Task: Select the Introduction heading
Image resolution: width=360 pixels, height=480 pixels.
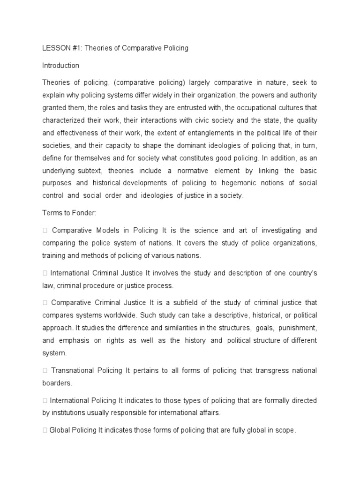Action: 60,66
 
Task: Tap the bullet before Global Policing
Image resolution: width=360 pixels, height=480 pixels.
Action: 45,430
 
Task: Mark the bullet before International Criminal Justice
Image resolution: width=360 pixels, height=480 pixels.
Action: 45,273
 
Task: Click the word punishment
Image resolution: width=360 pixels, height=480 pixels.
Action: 292,328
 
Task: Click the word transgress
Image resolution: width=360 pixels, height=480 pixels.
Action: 251,370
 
